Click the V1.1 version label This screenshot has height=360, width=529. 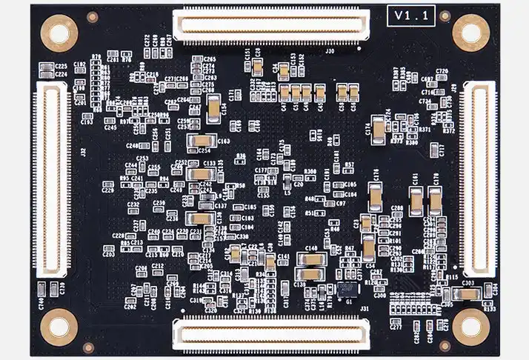tap(411, 15)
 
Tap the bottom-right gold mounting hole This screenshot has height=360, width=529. tap(470, 324)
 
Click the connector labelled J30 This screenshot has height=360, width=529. tap(270, 26)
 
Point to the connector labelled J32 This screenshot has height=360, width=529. tap(52, 179)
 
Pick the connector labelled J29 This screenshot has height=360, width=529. tap(478, 179)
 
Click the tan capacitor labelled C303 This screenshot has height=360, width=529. tap(468, 294)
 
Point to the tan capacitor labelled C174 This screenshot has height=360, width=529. tap(379, 131)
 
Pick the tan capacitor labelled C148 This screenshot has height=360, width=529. tap(311, 259)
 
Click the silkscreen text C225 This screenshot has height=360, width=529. tap(61, 67)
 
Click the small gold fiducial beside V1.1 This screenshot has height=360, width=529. tap(445, 16)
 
